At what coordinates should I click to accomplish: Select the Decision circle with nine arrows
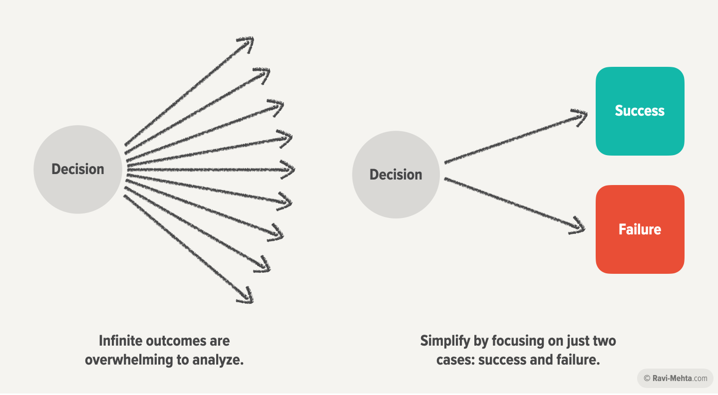pyautogui.click(x=78, y=169)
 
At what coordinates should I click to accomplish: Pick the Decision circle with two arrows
pyautogui.click(x=396, y=175)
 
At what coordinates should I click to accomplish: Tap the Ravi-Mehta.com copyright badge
pyautogui.click(x=675, y=378)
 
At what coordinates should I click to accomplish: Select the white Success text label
pyautogui.click(x=640, y=111)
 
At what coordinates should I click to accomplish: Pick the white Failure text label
pyautogui.click(x=640, y=229)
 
